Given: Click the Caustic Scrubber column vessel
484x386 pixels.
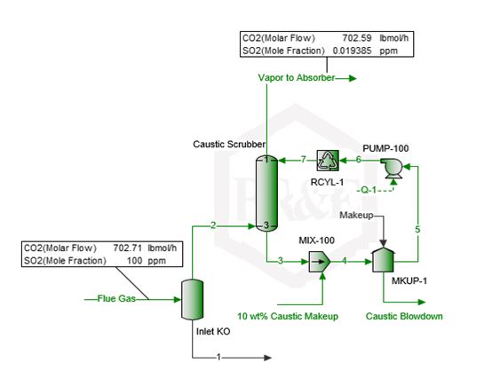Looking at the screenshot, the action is [266, 193].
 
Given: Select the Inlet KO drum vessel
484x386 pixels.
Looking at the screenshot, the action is [192, 300].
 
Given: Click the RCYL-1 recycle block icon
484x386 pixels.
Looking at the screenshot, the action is [328, 161].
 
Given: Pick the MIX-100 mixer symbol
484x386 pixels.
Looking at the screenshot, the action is [320, 262].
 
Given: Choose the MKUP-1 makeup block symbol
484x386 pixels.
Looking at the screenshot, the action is [384, 260].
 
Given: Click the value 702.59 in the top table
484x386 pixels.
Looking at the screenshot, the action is [357, 38].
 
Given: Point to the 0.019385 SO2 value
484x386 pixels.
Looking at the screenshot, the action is [352, 51].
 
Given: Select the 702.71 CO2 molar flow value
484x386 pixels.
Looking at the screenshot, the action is [128, 248].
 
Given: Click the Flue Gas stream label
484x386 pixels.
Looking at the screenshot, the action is [116, 299].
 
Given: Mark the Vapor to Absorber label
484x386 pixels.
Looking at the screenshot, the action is [297, 78].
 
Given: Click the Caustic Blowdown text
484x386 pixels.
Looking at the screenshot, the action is [404, 316].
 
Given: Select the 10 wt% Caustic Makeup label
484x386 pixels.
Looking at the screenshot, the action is [288, 316].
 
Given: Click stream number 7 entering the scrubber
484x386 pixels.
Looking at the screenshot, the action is [304, 160].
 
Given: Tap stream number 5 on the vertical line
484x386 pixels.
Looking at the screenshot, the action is [417, 230].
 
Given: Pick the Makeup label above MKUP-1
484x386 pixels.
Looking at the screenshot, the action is [356, 216].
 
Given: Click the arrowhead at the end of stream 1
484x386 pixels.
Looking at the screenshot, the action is [267, 358].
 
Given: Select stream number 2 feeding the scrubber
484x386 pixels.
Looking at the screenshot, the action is [213, 225].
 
